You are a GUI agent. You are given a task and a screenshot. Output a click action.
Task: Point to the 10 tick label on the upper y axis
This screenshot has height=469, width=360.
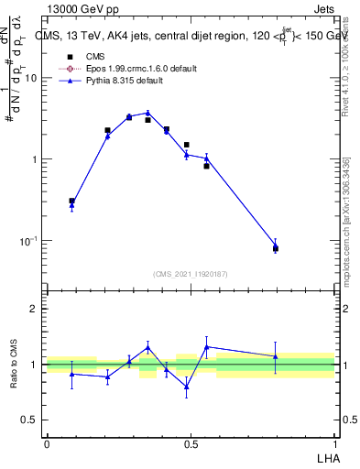30,78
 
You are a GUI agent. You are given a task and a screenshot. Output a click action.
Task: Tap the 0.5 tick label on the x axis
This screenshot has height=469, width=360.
191,443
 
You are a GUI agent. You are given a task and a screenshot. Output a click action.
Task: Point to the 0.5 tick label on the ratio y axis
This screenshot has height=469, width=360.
30,420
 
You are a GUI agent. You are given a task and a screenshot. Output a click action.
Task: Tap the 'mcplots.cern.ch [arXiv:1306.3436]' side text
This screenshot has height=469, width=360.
346,220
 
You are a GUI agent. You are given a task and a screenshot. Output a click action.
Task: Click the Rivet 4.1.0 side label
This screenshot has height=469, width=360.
346,69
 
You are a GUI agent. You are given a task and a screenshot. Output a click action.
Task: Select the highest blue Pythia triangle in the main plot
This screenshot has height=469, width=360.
147,113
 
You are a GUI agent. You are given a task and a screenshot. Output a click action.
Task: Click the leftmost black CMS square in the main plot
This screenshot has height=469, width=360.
71,201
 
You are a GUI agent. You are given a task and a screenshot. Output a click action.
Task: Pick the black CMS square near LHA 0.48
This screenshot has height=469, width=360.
186,145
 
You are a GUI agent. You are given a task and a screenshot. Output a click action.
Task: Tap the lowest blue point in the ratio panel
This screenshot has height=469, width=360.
186,387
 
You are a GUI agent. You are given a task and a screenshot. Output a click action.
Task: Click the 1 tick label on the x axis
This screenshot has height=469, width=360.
334,443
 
